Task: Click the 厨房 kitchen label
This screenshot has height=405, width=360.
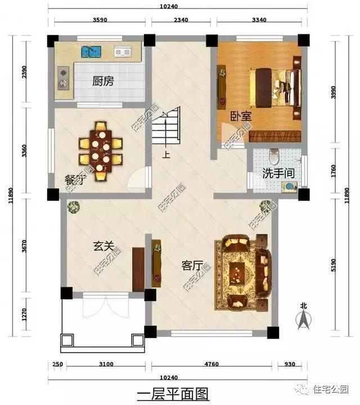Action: pos(103,81)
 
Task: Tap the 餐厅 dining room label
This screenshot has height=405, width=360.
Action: pos(75,180)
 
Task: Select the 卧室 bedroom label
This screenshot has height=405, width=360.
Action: pos(241,116)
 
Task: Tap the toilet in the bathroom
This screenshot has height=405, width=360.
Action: pos(274,154)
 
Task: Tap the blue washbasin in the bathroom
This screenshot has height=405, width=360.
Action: pos(288,185)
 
